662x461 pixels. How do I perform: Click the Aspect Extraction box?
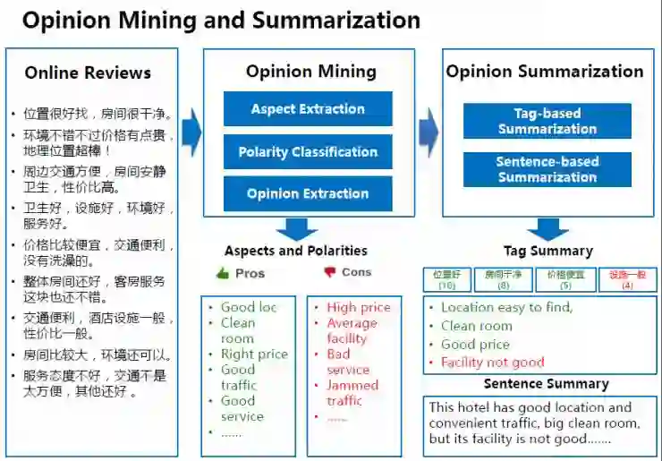(x=308, y=109)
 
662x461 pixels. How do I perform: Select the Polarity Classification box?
(x=308, y=152)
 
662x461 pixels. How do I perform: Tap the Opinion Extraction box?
(x=308, y=193)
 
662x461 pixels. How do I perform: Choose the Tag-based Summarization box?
(x=547, y=121)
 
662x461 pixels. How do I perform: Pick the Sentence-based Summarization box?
(x=547, y=169)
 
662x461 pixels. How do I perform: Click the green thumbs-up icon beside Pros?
(x=223, y=273)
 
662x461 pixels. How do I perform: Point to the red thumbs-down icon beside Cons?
(x=329, y=272)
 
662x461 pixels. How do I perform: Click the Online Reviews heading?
(x=88, y=73)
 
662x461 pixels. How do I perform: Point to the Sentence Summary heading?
(x=546, y=384)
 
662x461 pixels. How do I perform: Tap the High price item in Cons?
(x=358, y=308)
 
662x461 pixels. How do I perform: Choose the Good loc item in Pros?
(x=249, y=308)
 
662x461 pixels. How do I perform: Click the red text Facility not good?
(x=492, y=363)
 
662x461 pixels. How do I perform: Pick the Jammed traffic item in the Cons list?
(x=352, y=393)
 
